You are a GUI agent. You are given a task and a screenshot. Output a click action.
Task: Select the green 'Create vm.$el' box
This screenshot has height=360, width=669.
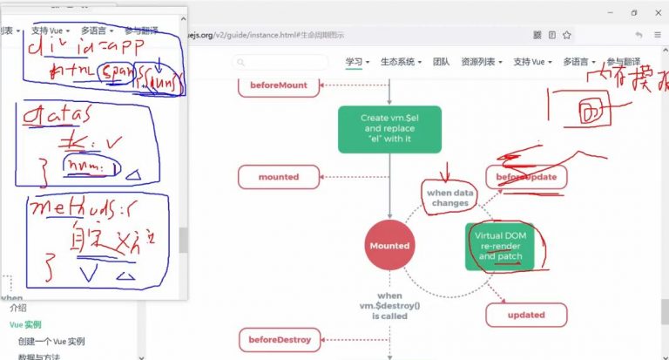389,129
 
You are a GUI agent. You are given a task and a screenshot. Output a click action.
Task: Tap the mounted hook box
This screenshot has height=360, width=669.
278,177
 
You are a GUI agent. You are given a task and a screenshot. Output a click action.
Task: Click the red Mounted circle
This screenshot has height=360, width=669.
389,246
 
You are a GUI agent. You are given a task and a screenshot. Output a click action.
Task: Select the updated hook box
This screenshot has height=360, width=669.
525,315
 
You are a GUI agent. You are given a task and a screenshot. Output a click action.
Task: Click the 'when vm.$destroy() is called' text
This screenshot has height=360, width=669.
389,305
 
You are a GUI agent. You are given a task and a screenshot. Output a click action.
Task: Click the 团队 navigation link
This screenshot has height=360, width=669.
441,62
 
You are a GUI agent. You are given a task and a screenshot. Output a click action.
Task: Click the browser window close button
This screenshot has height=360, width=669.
657,12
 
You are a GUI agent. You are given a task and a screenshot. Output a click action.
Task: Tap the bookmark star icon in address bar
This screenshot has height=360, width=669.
567,35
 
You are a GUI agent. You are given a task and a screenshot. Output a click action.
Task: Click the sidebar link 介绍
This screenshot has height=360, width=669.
17,308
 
